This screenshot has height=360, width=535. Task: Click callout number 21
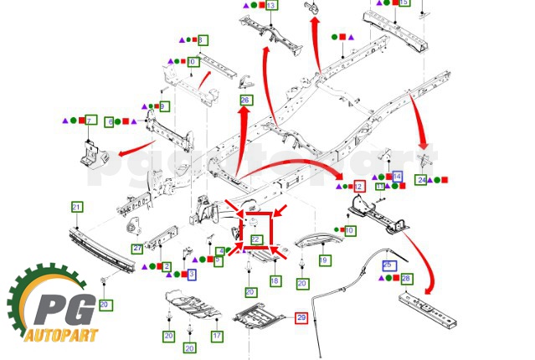tap(76, 207)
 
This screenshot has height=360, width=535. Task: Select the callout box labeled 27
tap(136, 249)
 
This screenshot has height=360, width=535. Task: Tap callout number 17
tap(217, 336)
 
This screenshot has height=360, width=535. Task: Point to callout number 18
tap(275, 281)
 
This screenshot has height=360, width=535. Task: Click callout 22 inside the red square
tap(257, 239)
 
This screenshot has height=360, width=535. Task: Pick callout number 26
tap(245, 100)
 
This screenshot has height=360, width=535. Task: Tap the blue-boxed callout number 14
tap(397, 177)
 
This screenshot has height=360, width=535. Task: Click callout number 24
tap(421, 180)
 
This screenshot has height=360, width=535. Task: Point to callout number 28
tap(406, 278)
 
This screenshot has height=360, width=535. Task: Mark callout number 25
tap(388, 265)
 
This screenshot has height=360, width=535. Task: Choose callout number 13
tap(271, 5)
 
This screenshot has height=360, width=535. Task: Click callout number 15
tap(404, 3)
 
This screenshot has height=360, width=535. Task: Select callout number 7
tap(91, 121)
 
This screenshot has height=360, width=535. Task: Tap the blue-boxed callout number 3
tap(192, 274)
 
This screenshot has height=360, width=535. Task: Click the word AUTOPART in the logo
tap(60, 337)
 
